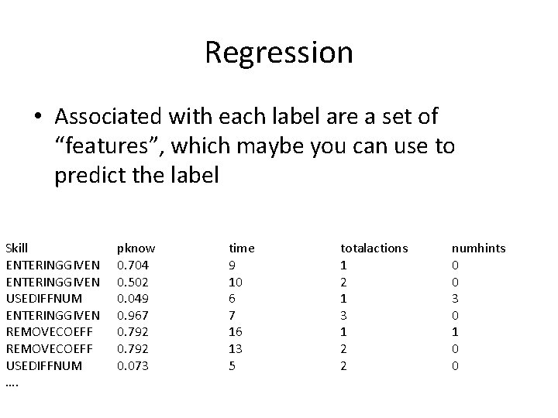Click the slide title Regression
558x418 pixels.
pyautogui.click(x=279, y=53)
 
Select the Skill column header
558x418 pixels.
pyautogui.click(x=16, y=248)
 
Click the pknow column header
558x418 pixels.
pyautogui.click(x=136, y=248)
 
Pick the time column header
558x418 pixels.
pyautogui.click(x=241, y=248)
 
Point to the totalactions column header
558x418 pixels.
pyautogui.click(x=374, y=248)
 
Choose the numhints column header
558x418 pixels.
pyautogui.click(x=478, y=248)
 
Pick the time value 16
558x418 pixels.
pyautogui.click(x=236, y=331)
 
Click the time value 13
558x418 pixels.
pyautogui.click(x=236, y=348)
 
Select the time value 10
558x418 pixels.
pyautogui.click(x=236, y=281)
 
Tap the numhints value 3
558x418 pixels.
pyautogui.click(x=456, y=298)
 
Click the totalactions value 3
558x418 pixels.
pyautogui.click(x=344, y=314)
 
